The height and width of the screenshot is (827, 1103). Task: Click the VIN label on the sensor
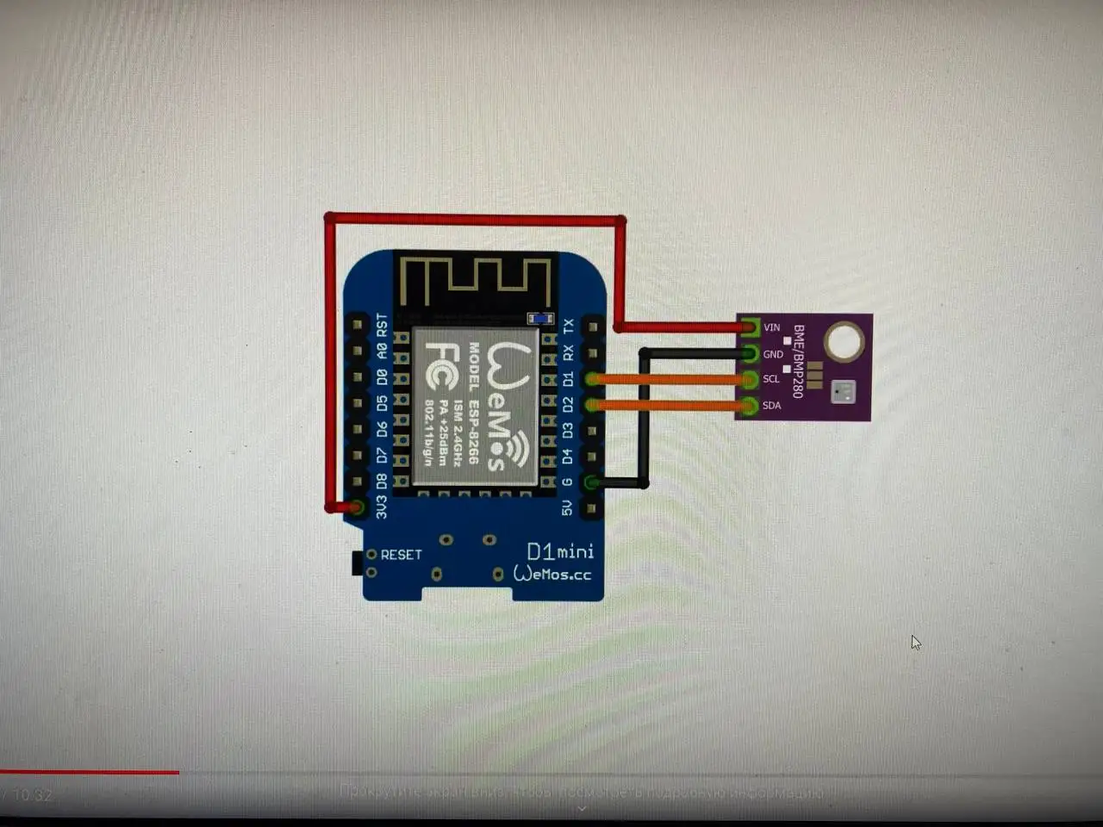tap(771, 327)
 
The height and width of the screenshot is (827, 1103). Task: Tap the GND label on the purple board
tap(773, 354)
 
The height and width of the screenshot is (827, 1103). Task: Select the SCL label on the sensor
tap(771, 379)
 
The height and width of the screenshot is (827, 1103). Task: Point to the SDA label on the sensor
tap(771, 405)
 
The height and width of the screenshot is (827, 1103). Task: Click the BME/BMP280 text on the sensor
tap(798, 361)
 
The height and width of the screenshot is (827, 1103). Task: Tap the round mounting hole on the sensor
tap(844, 340)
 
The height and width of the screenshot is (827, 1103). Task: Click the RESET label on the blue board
tap(402, 555)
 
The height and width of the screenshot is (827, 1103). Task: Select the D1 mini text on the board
tap(560, 551)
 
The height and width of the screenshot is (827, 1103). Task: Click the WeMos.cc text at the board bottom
tap(553, 574)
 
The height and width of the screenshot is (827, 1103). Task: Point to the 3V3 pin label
tap(382, 506)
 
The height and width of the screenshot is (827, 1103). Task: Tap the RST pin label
tap(382, 326)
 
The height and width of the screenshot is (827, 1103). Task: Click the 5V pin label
tap(567, 508)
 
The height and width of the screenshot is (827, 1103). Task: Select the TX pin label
tap(568, 326)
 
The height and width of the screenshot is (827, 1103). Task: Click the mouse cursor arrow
tap(915, 643)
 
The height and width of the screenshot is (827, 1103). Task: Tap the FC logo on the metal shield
tap(441, 366)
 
